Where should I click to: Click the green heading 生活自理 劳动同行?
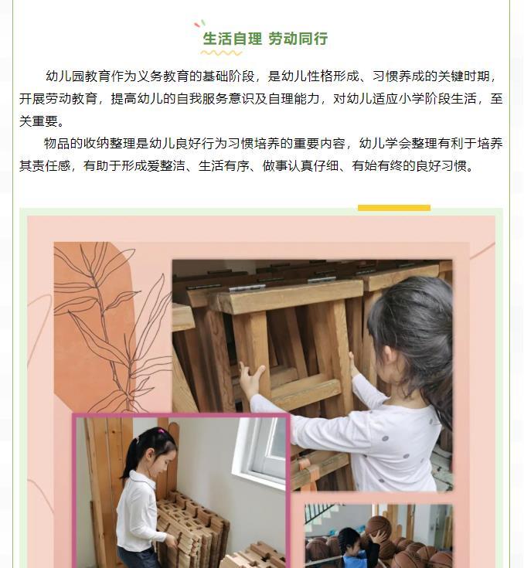point(265,39)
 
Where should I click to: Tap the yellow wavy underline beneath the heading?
point(221,53)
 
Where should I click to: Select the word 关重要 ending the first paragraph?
point(39,121)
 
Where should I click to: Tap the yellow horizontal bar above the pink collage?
point(394,208)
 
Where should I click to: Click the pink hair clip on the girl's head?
point(161,431)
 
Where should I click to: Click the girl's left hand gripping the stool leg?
point(251,379)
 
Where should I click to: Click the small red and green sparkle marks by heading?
point(199,24)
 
